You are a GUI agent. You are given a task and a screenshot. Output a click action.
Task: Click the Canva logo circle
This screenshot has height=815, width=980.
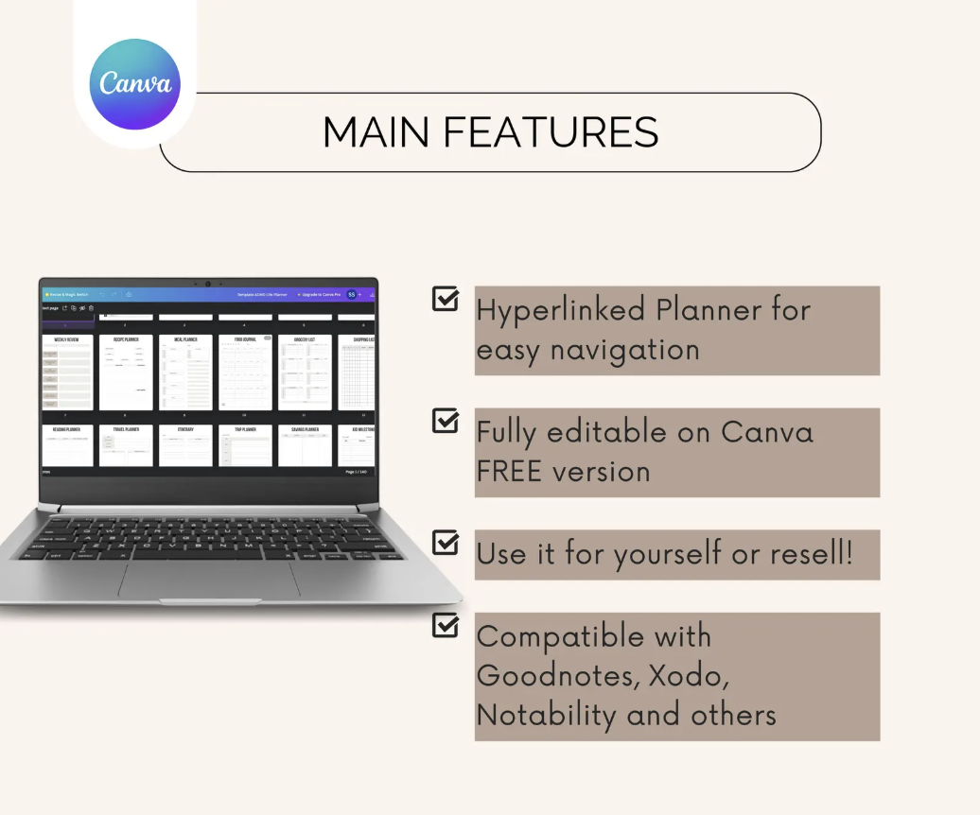(x=134, y=84)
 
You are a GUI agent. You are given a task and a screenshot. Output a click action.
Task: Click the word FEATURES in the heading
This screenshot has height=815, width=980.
(x=551, y=132)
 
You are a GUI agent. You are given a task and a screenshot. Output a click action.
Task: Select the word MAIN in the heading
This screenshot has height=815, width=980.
(x=376, y=132)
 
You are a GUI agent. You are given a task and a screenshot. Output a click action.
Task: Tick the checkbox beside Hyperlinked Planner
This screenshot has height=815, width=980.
(x=445, y=299)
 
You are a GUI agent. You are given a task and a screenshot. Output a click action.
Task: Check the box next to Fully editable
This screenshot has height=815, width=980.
(x=445, y=421)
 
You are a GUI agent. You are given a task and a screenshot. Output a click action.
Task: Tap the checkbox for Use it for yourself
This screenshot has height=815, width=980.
(x=445, y=542)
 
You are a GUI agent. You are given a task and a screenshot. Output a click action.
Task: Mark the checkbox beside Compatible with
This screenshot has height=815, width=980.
(x=445, y=625)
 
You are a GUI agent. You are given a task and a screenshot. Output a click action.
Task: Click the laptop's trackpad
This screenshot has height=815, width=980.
(x=209, y=580)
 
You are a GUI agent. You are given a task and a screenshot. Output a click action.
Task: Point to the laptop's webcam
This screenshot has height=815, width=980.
(x=208, y=284)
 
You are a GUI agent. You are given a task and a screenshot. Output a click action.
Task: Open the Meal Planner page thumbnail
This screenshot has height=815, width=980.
(x=185, y=373)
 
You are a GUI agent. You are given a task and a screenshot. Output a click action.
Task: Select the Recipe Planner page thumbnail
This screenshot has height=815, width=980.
(x=126, y=373)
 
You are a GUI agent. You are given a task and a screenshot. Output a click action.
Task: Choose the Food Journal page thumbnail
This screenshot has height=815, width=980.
(x=245, y=373)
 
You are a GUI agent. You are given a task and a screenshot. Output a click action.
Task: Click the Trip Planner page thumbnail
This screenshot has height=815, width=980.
(x=245, y=445)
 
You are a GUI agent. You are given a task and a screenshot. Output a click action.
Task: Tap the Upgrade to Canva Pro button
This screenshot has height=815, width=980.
(x=320, y=295)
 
